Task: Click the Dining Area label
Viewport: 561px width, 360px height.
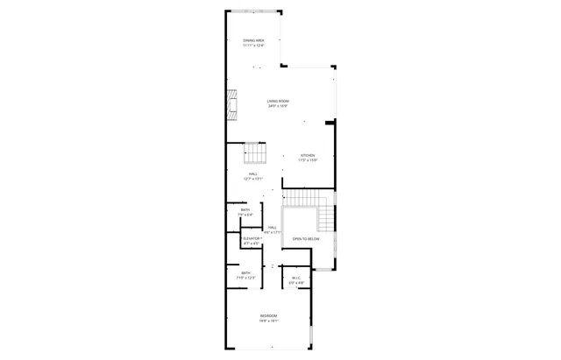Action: [x=254, y=40]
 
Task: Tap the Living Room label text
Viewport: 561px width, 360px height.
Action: [x=279, y=102]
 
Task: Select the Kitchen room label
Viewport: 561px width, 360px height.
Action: [x=307, y=156]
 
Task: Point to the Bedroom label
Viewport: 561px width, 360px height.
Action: [x=268, y=315]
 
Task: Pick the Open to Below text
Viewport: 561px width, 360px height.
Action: [x=306, y=238]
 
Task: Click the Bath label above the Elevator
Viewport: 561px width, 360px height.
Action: [x=245, y=209]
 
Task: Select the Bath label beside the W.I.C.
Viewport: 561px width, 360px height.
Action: [x=245, y=273]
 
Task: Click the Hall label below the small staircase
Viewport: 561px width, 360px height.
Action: [x=252, y=174]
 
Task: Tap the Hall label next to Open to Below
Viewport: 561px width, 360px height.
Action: [x=273, y=227]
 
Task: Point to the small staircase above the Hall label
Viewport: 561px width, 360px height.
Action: [x=253, y=153]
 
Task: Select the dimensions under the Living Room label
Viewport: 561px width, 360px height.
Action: [x=279, y=107]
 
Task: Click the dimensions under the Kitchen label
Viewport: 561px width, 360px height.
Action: [x=307, y=161]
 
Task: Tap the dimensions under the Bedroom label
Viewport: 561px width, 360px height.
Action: [x=268, y=321]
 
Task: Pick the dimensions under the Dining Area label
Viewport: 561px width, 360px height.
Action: [x=254, y=46]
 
